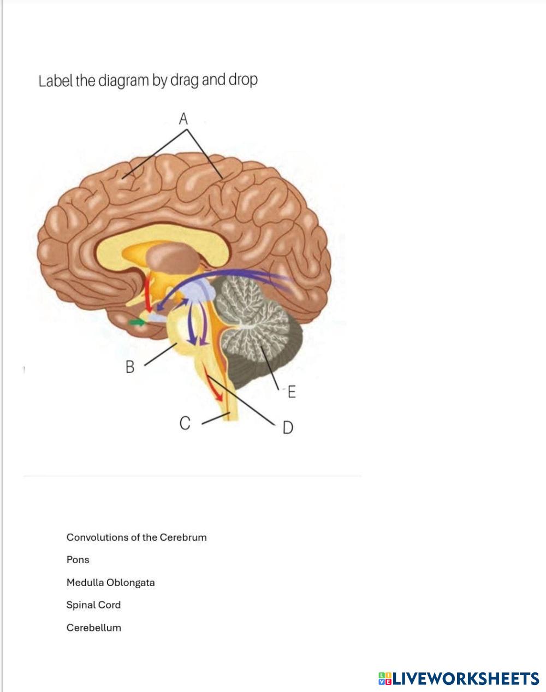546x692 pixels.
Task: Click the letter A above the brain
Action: click(x=183, y=118)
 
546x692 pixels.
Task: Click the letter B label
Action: click(x=130, y=366)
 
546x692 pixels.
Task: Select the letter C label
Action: click(x=185, y=423)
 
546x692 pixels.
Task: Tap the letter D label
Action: click(x=288, y=427)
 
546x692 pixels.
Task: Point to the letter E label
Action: click(x=292, y=392)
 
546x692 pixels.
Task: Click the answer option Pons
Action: click(x=78, y=560)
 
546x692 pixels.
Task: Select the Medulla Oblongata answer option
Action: click(x=110, y=582)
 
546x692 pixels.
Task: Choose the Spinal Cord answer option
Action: click(x=93, y=605)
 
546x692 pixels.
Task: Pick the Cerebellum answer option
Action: click(x=93, y=628)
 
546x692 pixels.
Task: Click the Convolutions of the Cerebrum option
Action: click(x=136, y=537)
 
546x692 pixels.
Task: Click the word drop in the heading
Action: click(x=243, y=80)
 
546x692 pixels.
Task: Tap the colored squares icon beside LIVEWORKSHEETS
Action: click(x=385, y=678)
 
